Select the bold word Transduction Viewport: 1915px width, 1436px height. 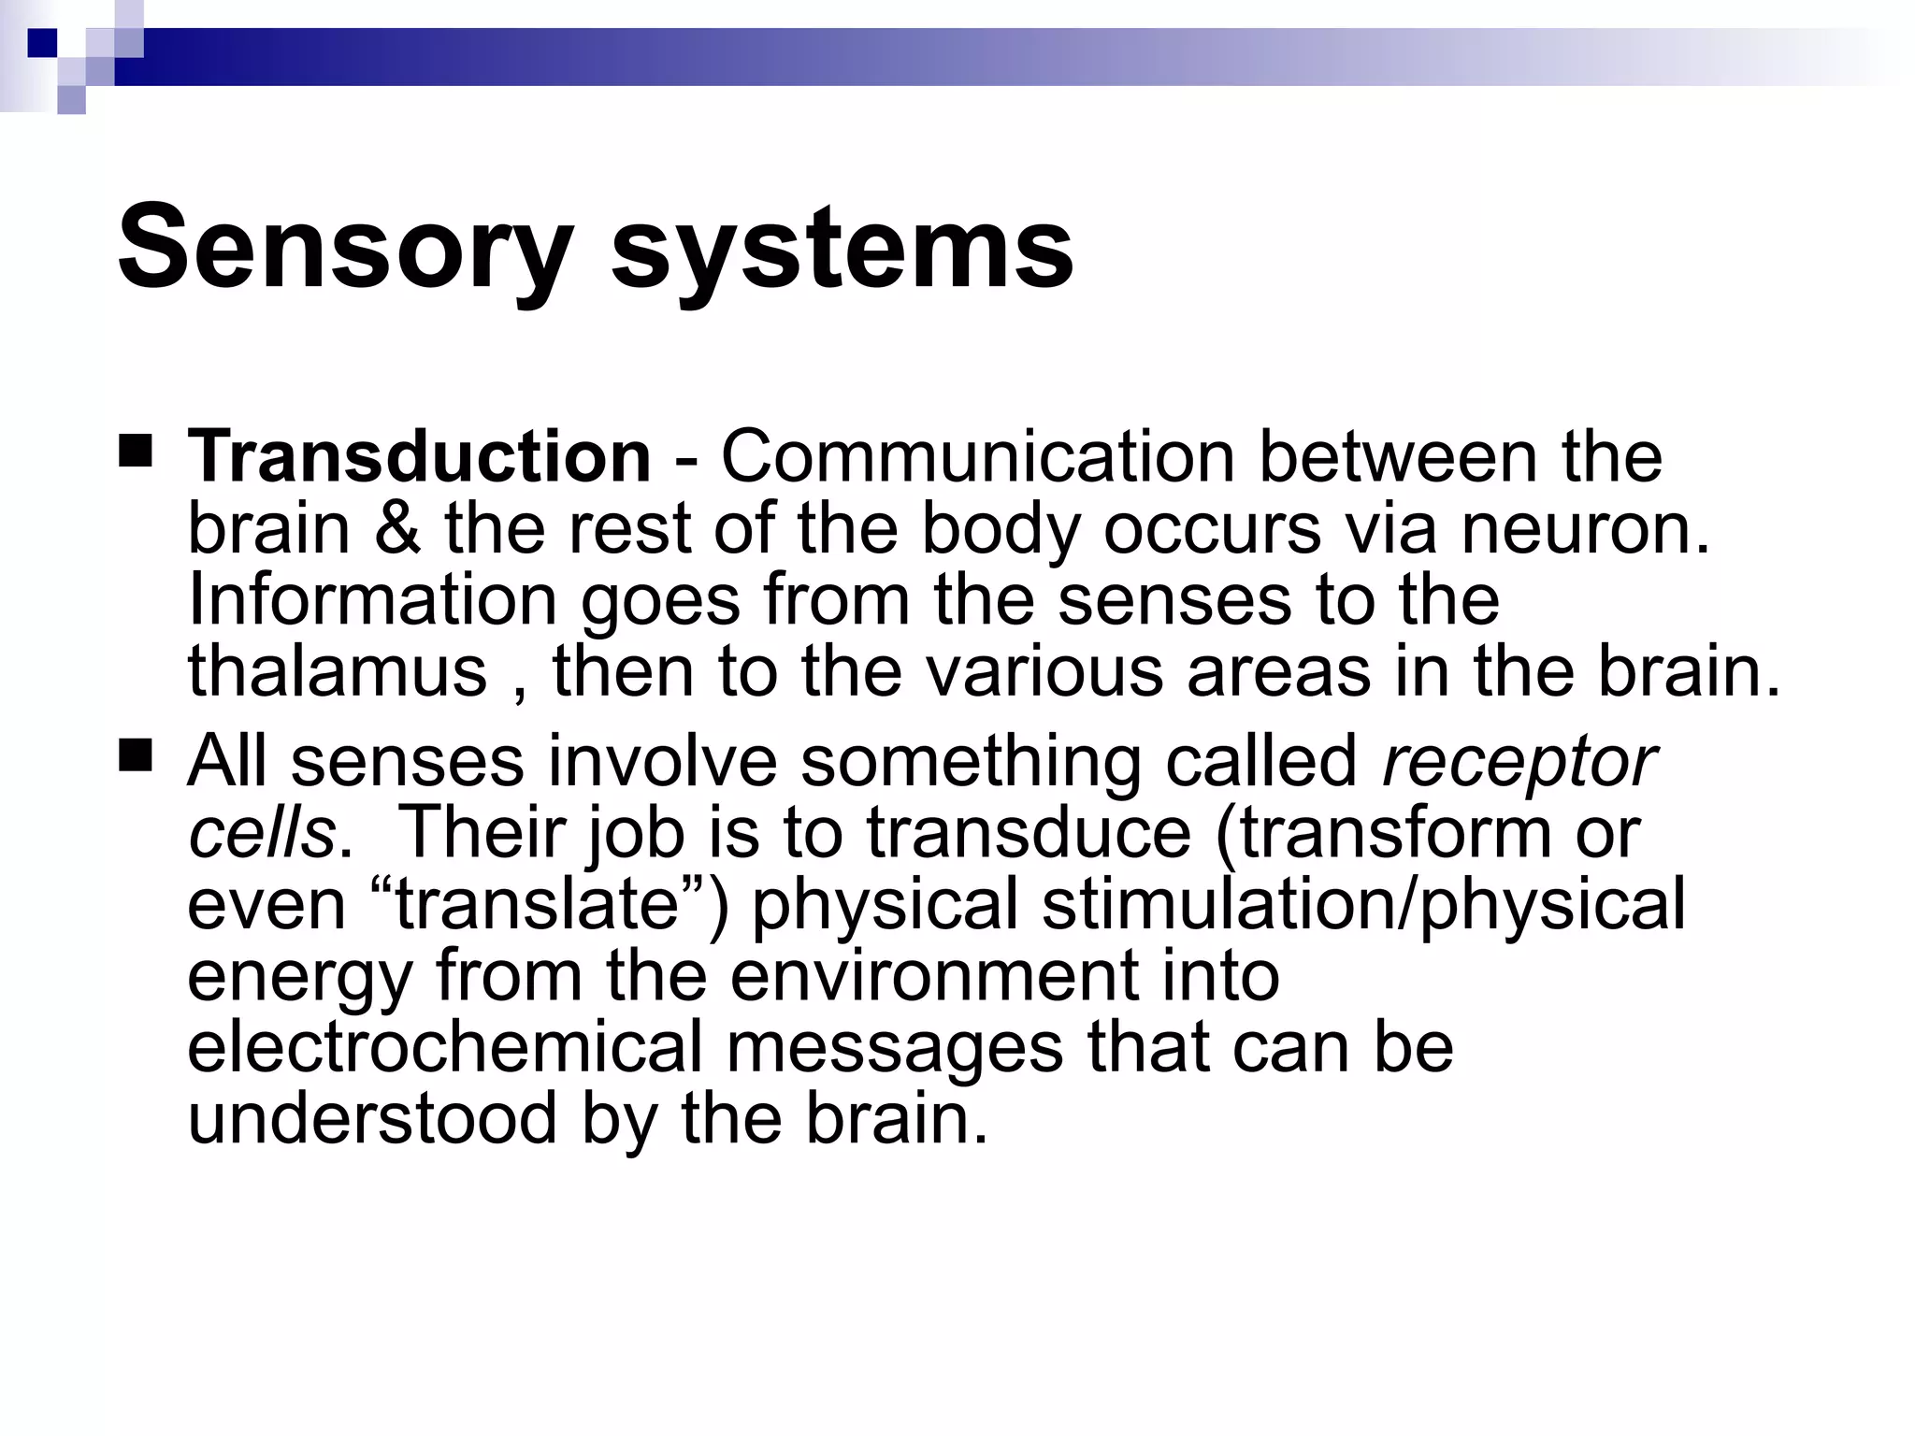(x=420, y=456)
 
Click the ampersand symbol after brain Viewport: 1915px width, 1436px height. (x=397, y=528)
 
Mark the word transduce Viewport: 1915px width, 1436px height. (x=1028, y=833)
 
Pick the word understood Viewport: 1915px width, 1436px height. (x=372, y=1118)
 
